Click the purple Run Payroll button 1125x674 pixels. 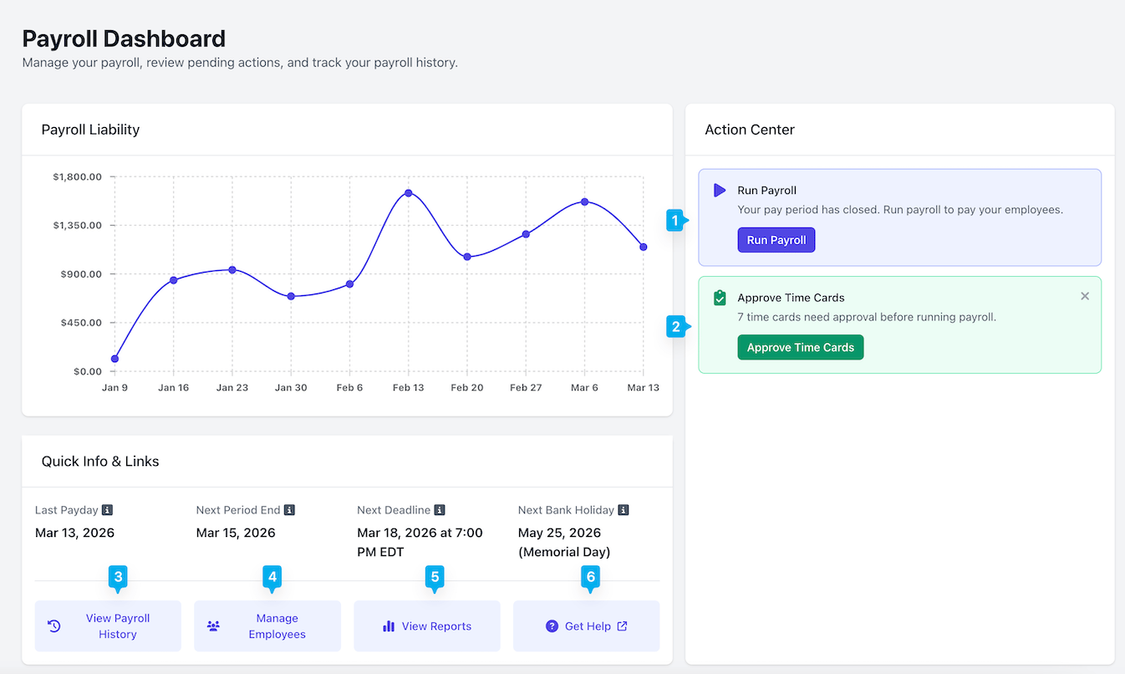coord(776,240)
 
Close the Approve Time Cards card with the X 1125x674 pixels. coord(1085,296)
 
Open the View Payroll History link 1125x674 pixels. coord(108,625)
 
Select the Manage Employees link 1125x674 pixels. coord(267,625)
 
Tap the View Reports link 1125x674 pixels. coord(427,625)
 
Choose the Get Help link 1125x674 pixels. coord(586,625)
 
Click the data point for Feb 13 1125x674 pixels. coord(409,193)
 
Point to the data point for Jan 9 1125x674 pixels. coord(115,359)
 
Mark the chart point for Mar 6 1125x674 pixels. coord(584,202)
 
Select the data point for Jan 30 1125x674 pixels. coord(291,296)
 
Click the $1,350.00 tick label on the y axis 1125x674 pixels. coord(78,225)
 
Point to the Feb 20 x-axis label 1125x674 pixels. coord(467,387)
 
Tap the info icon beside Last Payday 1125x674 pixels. coord(107,509)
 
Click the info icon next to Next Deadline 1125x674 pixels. coord(440,509)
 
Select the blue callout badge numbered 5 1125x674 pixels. coord(435,578)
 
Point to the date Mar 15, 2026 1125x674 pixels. coord(236,533)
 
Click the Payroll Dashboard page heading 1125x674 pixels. coord(124,38)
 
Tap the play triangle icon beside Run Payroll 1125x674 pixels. coord(720,190)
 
